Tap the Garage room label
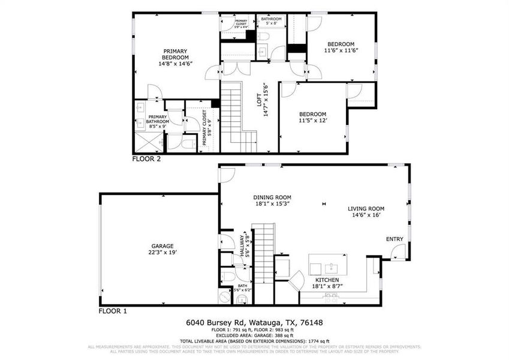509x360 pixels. (162, 246)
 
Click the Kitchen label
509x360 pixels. (327, 280)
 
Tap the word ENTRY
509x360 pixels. (394, 239)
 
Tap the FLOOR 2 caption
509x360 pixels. (146, 159)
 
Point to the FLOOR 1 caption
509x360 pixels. (113, 311)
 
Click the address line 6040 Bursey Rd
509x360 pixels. (258, 323)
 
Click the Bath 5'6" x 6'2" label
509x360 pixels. (242, 287)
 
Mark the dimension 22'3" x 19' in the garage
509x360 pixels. (162, 253)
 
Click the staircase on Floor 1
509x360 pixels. (262, 252)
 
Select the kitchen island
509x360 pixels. (327, 264)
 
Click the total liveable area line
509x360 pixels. (258, 341)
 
